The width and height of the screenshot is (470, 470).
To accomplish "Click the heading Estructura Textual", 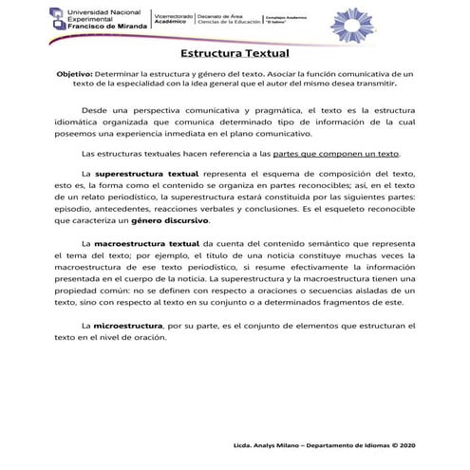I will pos(235,56).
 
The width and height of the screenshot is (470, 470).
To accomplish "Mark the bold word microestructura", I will pos(127,326).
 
